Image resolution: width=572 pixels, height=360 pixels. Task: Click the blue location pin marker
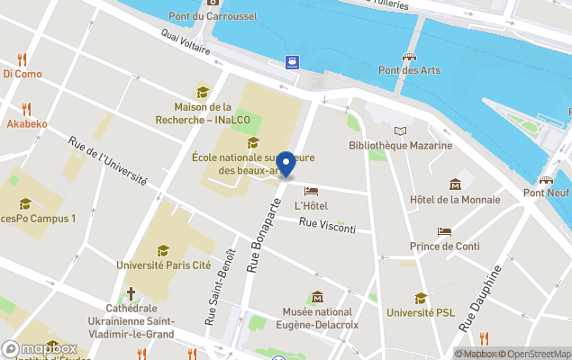pyautogui.click(x=286, y=163)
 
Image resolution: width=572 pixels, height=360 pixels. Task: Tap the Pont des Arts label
pyautogui.click(x=408, y=70)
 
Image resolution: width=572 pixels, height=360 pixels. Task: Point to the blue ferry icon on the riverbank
pyautogui.click(x=293, y=62)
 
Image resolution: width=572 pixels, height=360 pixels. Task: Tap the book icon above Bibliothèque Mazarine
pyautogui.click(x=400, y=130)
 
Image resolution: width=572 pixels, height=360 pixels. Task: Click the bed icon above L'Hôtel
pyautogui.click(x=311, y=191)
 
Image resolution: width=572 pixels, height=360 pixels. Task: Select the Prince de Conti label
pyautogui.click(x=444, y=247)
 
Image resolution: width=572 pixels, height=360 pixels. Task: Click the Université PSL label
pyautogui.click(x=422, y=313)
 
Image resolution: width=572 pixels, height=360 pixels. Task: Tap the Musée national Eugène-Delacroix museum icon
pyautogui.click(x=317, y=297)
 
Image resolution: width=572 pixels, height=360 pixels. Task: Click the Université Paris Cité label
pyautogui.click(x=163, y=265)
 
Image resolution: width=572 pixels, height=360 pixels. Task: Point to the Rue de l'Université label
pyautogui.click(x=108, y=161)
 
